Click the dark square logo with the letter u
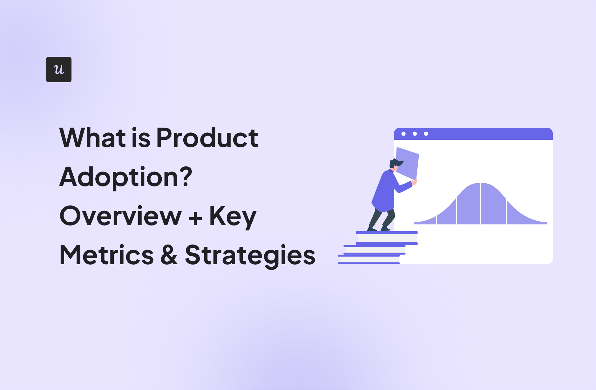pyautogui.click(x=59, y=70)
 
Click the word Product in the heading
pyautogui.click(x=207, y=138)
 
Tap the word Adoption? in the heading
pyautogui.click(x=126, y=178)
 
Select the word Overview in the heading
pyautogui.click(x=121, y=216)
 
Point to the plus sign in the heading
pyautogui.click(x=195, y=218)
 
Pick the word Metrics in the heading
pyautogui.click(x=107, y=255)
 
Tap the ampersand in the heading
pyautogui.click(x=169, y=255)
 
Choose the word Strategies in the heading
pyautogui.click(x=250, y=256)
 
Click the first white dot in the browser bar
pyautogui.click(x=403, y=134)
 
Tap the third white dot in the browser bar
pyautogui.click(x=426, y=134)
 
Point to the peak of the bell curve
pyautogui.click(x=481, y=183)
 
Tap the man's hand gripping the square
pyautogui.click(x=414, y=182)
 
